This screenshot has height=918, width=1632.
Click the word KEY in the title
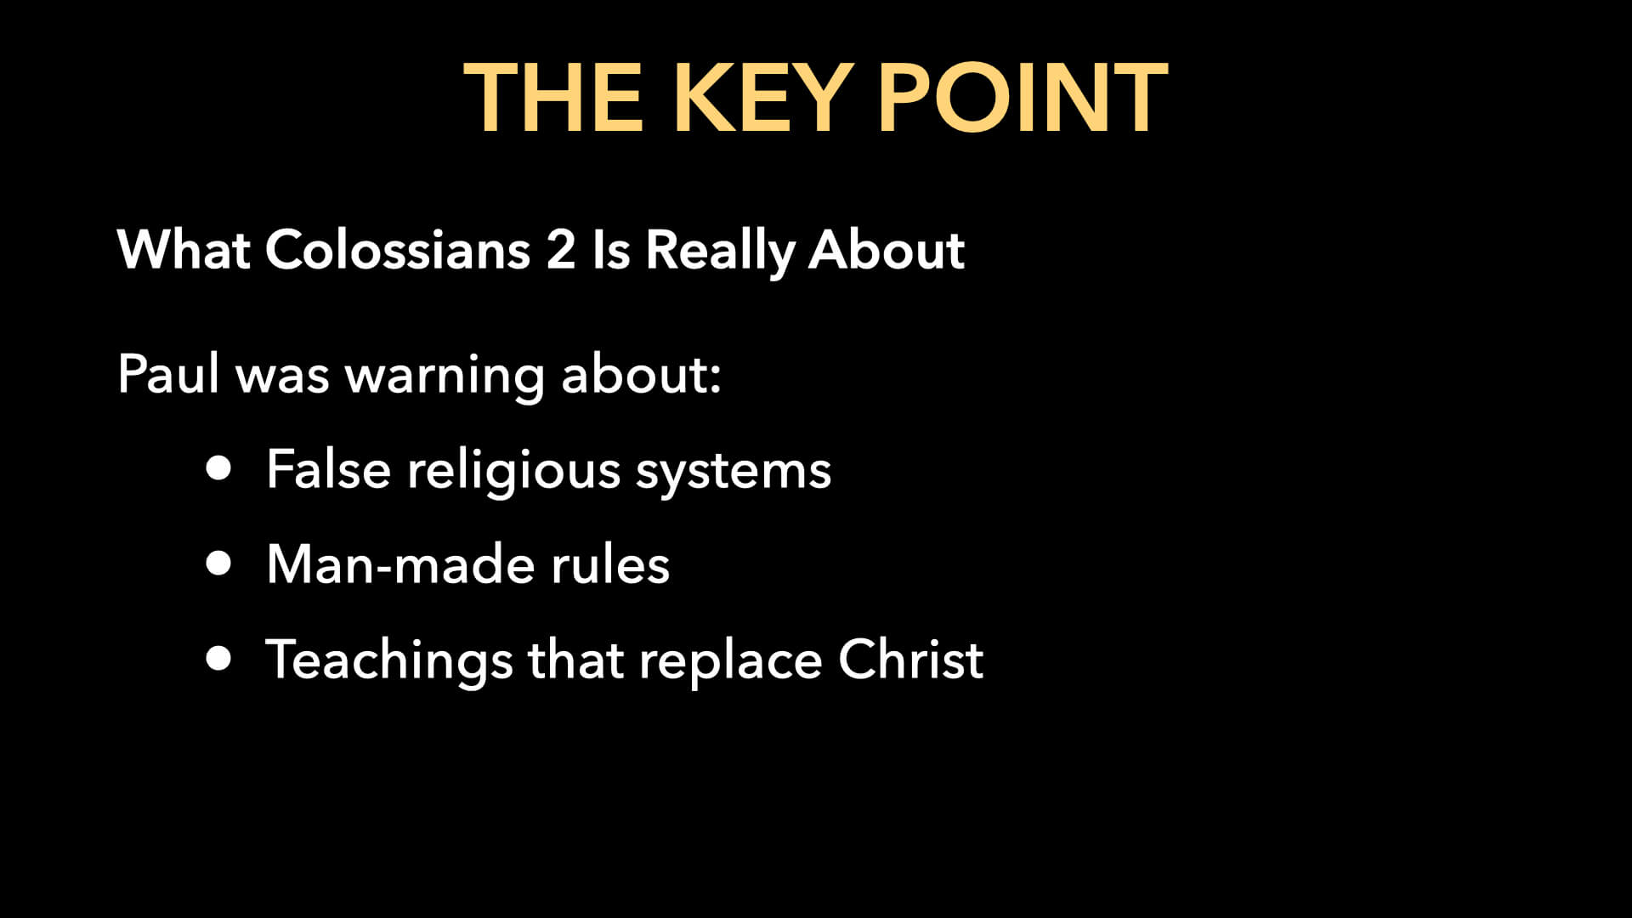click(x=762, y=99)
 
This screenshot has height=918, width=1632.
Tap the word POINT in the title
click(x=1022, y=99)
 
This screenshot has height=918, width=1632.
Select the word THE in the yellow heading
click(x=553, y=99)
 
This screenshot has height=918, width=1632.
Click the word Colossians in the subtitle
click(x=398, y=250)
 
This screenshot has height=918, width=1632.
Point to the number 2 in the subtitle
click(x=560, y=250)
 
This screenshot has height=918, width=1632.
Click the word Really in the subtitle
click(x=719, y=252)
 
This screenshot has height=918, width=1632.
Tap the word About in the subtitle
click(x=886, y=250)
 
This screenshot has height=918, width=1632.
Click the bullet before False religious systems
click(x=218, y=468)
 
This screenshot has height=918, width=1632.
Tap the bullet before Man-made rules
click(x=218, y=564)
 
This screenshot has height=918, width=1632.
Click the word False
click(x=328, y=468)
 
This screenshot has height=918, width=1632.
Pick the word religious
click(x=513, y=470)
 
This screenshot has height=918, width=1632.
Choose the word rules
click(x=609, y=564)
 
